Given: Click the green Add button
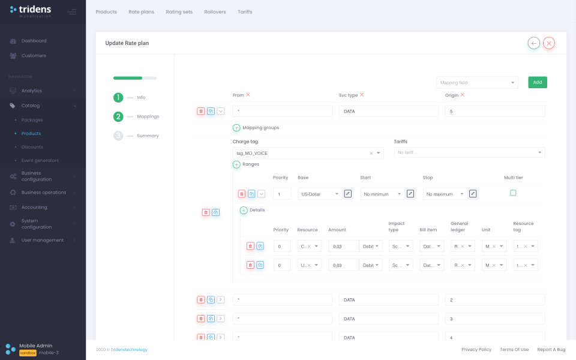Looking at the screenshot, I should [x=537, y=82].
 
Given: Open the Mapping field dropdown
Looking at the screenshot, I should [x=477, y=83].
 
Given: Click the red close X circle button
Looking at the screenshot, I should [x=549, y=43].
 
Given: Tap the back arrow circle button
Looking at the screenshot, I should [x=533, y=43].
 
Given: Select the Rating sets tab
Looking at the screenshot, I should [x=179, y=12].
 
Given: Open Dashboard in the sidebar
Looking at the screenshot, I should [x=34, y=41].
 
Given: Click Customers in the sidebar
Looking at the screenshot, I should [x=34, y=56].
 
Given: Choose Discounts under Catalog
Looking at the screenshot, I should [x=32, y=147].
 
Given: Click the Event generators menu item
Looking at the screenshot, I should [x=40, y=161].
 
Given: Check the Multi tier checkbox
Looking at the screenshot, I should [x=513, y=193].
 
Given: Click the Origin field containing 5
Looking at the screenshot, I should [x=494, y=111].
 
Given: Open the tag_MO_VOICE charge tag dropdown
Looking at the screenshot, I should [x=307, y=153].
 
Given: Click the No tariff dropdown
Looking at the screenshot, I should [x=469, y=153].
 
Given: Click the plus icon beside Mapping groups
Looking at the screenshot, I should [x=236, y=128].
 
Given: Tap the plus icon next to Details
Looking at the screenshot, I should [x=244, y=210].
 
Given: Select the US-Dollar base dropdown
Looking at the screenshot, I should [x=319, y=194].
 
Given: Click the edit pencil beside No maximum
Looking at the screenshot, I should [x=473, y=194].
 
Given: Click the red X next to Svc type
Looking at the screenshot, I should [x=362, y=95].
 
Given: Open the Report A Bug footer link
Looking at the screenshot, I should [x=551, y=350].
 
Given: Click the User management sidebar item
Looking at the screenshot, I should [x=42, y=240].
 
